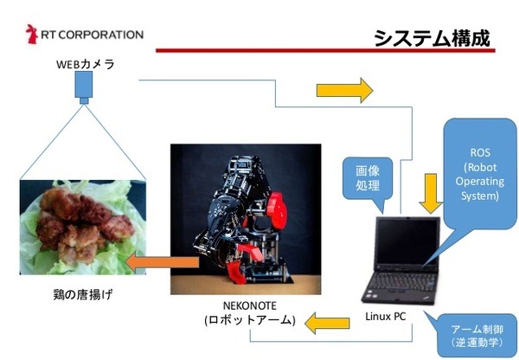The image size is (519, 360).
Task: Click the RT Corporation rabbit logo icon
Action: click(x=33, y=35)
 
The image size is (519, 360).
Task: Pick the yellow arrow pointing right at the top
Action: click(x=345, y=90)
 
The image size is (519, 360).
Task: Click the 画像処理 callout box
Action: click(x=362, y=178)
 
